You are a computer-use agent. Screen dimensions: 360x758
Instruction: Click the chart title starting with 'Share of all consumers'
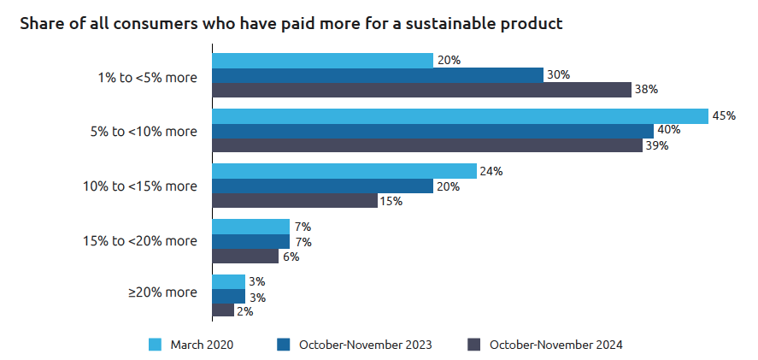coord(291,24)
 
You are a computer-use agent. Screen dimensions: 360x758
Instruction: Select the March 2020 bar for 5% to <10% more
coord(460,116)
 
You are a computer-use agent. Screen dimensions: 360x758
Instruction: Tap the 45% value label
coord(724,116)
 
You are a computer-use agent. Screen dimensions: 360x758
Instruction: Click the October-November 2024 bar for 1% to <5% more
coord(421,90)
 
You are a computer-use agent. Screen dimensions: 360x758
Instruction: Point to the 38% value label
coord(646,90)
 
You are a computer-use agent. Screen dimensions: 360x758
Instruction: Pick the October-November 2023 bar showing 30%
coord(377,75)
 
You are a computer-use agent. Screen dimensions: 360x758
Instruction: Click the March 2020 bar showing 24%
coord(344,171)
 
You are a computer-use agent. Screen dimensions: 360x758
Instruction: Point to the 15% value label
coord(391,202)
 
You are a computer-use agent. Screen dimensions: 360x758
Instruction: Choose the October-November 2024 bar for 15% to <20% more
coord(244,257)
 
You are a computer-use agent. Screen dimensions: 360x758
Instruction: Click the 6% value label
coord(291,257)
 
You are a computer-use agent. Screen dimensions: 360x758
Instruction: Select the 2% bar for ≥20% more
coord(222,310)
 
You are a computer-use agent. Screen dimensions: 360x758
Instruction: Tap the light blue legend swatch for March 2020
coord(156,345)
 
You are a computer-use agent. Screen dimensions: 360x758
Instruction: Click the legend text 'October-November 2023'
coord(365,345)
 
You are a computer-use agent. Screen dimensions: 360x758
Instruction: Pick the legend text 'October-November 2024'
coord(555,345)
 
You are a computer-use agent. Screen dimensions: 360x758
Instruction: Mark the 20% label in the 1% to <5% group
coord(449,61)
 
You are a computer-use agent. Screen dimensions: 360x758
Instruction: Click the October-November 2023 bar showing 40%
coord(432,131)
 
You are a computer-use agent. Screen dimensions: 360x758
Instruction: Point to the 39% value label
coord(656,145)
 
